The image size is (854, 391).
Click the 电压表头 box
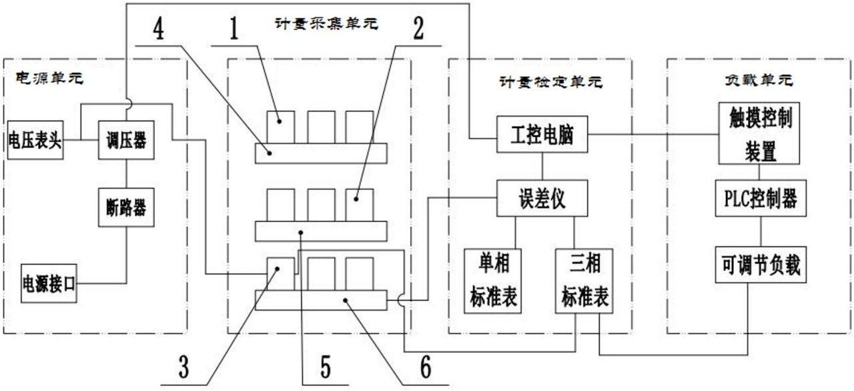(x=35, y=141)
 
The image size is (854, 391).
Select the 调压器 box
(x=122, y=141)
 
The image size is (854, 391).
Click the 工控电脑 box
(x=543, y=137)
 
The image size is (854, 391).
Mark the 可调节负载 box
(x=759, y=266)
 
